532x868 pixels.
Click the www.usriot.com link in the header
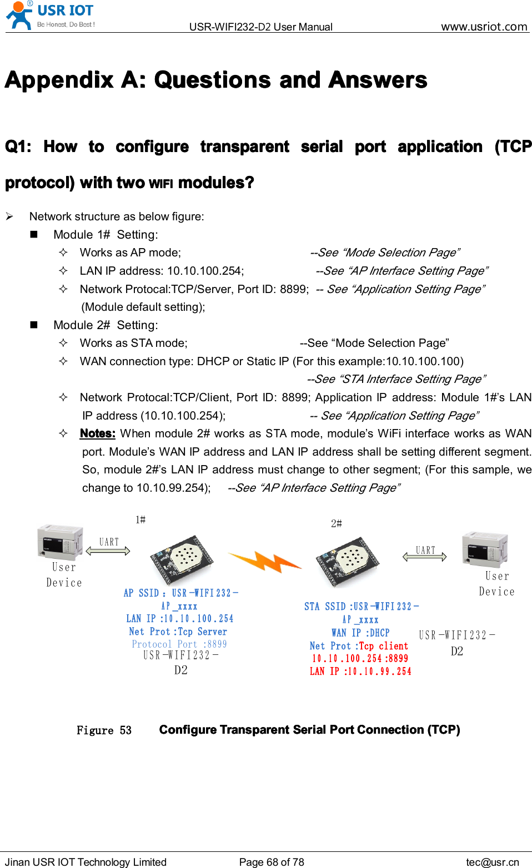[x=484, y=26]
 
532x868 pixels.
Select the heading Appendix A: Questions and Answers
[x=216, y=80]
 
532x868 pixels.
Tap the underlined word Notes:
[x=97, y=433]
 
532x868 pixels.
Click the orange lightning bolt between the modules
[x=265, y=562]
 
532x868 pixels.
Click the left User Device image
[x=60, y=541]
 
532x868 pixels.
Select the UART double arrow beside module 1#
[x=108, y=551]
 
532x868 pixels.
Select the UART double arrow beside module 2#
[x=425, y=557]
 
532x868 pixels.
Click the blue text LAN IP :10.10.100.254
[x=179, y=618]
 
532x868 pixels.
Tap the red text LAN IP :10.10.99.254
[x=360, y=671]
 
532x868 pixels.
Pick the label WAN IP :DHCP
[x=360, y=633]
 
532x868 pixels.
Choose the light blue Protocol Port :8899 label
[x=179, y=644]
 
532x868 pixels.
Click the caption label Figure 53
[x=104, y=730]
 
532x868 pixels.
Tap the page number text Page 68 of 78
[x=272, y=862]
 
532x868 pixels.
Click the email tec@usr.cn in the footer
[x=492, y=862]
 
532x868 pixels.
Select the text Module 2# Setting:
[x=106, y=325]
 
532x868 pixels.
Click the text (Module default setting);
[x=143, y=307]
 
